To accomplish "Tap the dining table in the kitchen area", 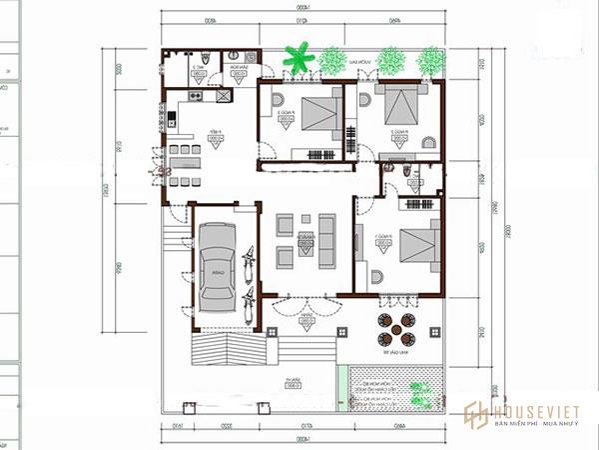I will tap(185, 158).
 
